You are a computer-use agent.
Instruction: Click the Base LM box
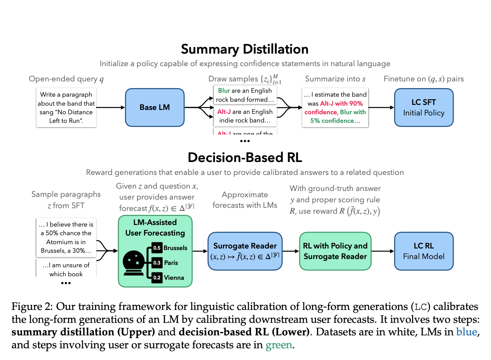pyautogui.click(x=154, y=107)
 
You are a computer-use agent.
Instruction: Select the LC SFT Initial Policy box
pyautogui.click(x=424, y=107)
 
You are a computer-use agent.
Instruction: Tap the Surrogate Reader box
pyautogui.click(x=245, y=251)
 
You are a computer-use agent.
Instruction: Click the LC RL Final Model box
pyautogui.click(x=424, y=251)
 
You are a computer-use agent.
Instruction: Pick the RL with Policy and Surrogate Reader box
pyautogui.click(x=335, y=251)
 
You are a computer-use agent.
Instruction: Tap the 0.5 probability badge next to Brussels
pyautogui.click(x=157, y=248)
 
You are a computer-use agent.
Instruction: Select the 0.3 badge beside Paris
pyautogui.click(x=157, y=263)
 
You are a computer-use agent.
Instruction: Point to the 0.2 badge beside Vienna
pyautogui.click(x=157, y=277)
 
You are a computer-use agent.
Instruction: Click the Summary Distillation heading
pyautogui.click(x=245, y=49)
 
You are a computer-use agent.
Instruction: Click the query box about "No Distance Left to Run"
pyautogui.click(x=66, y=108)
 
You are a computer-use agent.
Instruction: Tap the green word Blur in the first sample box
pyautogui.click(x=224, y=90)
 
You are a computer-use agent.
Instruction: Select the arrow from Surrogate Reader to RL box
pyautogui.click(x=290, y=251)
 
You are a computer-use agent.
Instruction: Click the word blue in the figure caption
pyautogui.click(x=466, y=332)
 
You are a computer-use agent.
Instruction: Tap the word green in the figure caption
pyautogui.click(x=279, y=345)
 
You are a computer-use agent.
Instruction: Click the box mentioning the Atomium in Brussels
pyautogui.click(x=66, y=237)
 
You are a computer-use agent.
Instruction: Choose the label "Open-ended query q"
pyautogui.click(x=66, y=79)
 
